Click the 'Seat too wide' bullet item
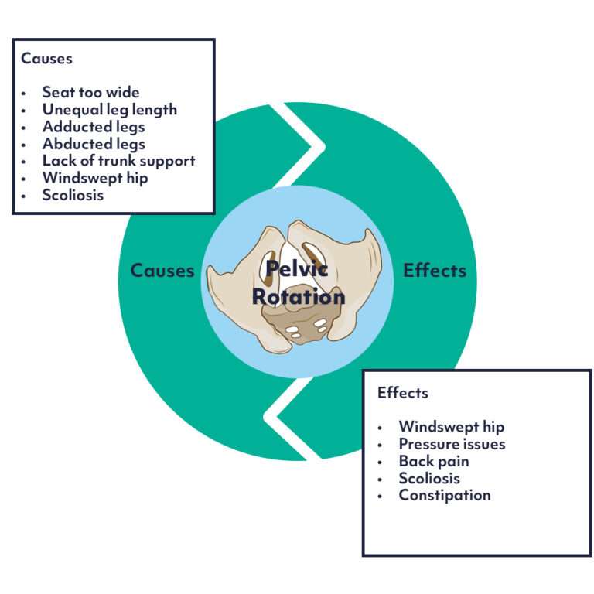click(90, 92)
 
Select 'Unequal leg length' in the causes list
click(109, 109)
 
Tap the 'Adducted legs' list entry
click(94, 126)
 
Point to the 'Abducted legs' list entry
click(94, 144)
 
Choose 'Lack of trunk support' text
click(118, 161)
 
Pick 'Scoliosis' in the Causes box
click(73, 195)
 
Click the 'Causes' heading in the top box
click(46, 58)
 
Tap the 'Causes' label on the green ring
click(162, 270)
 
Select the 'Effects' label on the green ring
click(435, 270)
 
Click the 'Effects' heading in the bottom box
click(402, 392)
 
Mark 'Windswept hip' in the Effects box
click(451, 426)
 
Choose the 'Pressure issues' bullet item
click(452, 444)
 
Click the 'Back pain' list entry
click(433, 461)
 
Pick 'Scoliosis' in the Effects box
click(429, 478)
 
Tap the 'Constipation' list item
click(444, 495)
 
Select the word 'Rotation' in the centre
click(297, 295)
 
